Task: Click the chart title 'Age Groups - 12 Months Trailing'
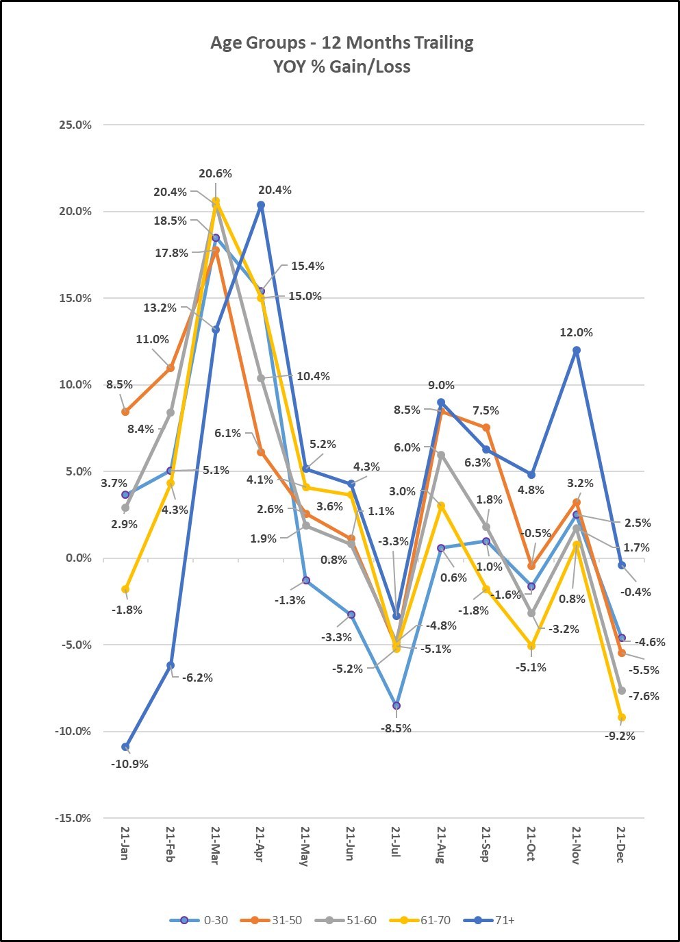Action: [x=342, y=42]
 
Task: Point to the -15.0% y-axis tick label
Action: [x=73, y=818]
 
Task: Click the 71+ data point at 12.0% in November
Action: [x=577, y=350]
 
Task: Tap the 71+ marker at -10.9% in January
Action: [x=125, y=747]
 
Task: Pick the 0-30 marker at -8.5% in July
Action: [x=396, y=706]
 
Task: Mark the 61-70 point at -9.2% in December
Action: [x=622, y=717]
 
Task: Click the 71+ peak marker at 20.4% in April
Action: [x=261, y=205]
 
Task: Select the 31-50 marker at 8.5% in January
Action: [x=125, y=412]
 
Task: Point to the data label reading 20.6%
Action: [x=216, y=173]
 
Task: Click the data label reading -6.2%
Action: [x=197, y=678]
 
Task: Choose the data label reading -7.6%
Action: [x=644, y=696]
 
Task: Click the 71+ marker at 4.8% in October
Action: [x=531, y=474]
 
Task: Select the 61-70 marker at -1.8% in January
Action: [x=125, y=589]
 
